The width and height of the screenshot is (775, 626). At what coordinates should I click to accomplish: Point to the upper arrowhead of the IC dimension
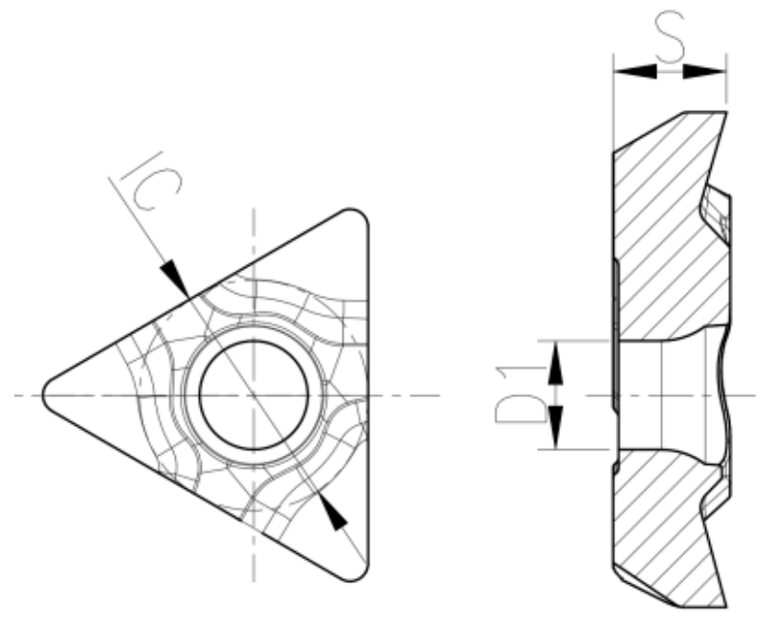pyautogui.click(x=176, y=276)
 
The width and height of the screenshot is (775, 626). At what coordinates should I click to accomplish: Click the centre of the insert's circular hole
pyautogui.click(x=254, y=394)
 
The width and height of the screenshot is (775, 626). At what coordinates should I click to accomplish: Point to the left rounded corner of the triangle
pyautogui.click(x=50, y=394)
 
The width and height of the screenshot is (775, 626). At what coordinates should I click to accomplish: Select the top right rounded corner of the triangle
pyautogui.click(x=357, y=219)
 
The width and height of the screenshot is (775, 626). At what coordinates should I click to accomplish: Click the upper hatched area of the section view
pyautogui.click(x=660, y=239)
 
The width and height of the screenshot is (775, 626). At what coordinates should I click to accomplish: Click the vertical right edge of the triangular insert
pyautogui.click(x=368, y=394)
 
